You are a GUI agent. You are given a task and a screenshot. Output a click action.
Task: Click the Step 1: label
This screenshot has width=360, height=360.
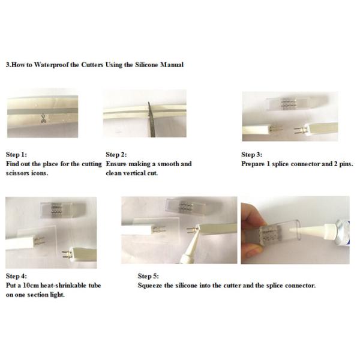[x=16, y=155]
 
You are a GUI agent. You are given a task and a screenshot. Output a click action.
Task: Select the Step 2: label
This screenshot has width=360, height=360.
[x=116, y=155]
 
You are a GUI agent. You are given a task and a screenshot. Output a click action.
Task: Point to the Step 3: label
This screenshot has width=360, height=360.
[x=251, y=155]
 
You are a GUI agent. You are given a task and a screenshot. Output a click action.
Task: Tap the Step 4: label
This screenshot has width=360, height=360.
[x=16, y=276]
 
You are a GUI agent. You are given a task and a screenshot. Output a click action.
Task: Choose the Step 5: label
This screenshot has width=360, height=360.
[x=148, y=276]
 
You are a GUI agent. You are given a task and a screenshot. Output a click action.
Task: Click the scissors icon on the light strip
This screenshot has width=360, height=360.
[x=43, y=118]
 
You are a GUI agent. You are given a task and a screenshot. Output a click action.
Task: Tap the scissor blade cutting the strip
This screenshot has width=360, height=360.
[x=152, y=119]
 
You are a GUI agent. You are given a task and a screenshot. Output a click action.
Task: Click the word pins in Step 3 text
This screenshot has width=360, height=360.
[x=346, y=164]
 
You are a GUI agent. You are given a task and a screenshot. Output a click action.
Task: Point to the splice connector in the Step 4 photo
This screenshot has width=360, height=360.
[x=62, y=209]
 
